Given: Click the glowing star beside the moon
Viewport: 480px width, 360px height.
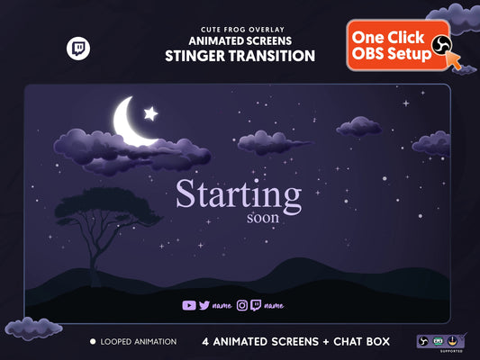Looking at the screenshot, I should click(x=151, y=113).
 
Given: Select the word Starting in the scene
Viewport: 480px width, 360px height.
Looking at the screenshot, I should click(x=238, y=195).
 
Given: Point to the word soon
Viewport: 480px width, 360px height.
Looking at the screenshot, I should click(x=262, y=217).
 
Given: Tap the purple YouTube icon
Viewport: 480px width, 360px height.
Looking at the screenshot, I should click(x=188, y=305).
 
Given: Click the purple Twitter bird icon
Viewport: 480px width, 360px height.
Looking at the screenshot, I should click(x=204, y=305).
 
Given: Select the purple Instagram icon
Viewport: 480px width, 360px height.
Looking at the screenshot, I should click(x=241, y=305).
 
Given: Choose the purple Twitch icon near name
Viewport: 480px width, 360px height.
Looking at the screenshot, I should click(x=256, y=305).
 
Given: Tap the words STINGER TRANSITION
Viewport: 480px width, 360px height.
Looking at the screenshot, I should click(x=240, y=56).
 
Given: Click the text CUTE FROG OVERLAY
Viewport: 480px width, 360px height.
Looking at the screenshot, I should click(x=240, y=29).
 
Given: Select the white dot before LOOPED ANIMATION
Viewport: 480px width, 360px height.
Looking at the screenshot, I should click(x=93, y=342).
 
